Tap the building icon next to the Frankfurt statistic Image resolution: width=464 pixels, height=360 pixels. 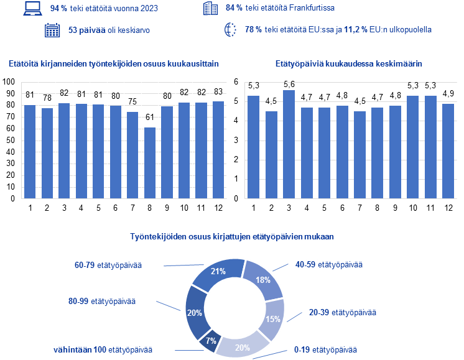tap(210, 9)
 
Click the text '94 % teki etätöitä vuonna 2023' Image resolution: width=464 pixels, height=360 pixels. tap(104, 9)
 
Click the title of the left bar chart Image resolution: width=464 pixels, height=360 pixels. tap(114, 63)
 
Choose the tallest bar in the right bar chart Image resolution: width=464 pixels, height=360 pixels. tap(289, 144)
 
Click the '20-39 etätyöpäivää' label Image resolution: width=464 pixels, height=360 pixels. tap(343, 312)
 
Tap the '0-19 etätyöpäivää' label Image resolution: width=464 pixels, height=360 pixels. tap(327, 351)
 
